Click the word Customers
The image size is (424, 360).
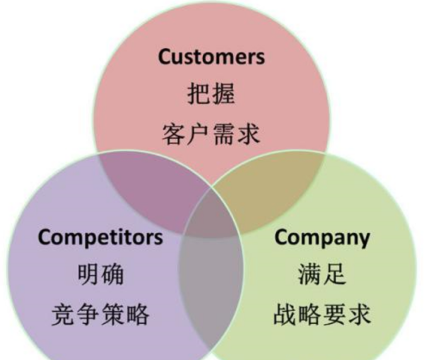[211, 56]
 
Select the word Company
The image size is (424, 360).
[322, 236]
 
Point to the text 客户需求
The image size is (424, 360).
[211, 132]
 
